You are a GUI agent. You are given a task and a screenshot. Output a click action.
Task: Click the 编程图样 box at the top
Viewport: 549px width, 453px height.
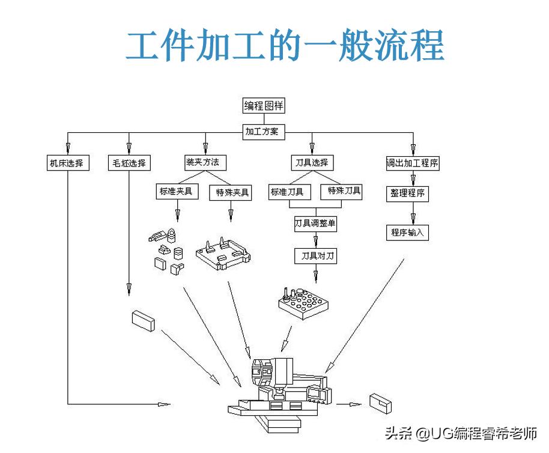(263, 106)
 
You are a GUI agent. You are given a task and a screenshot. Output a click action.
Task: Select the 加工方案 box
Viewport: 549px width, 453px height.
(263, 132)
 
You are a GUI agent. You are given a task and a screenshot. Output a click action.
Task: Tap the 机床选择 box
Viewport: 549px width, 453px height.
(68, 163)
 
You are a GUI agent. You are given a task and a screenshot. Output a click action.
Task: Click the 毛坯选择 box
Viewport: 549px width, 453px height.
(129, 163)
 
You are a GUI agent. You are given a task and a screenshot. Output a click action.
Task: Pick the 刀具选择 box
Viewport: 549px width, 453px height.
(312, 163)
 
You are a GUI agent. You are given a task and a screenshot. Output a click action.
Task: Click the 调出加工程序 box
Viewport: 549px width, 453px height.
(412, 163)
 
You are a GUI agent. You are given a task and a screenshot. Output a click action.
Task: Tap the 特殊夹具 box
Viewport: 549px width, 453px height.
(231, 193)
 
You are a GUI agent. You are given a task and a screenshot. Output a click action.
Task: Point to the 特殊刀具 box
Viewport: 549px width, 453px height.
(344, 192)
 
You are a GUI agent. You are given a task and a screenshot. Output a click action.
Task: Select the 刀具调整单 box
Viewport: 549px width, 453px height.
(315, 224)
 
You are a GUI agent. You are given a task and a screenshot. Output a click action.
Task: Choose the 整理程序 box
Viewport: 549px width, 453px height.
(407, 194)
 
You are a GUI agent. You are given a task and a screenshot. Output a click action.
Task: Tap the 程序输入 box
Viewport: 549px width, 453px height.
(407, 233)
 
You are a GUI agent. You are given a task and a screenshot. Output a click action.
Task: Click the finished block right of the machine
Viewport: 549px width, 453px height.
(381, 403)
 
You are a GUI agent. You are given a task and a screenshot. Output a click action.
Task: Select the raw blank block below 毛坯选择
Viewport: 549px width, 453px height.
(144, 320)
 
